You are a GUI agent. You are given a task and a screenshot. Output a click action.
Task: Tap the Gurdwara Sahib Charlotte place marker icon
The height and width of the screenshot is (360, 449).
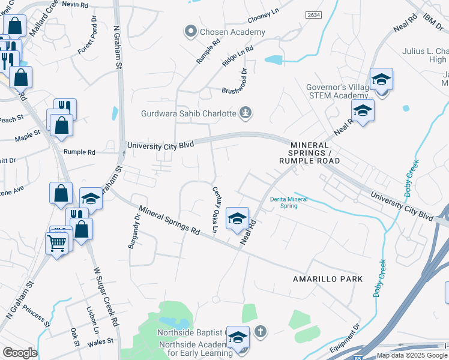coord(245,112)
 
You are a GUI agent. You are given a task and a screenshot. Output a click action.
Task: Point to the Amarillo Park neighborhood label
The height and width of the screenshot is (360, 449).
coord(328,279)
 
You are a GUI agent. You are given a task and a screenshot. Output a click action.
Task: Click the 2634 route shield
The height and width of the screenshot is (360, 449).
coord(313,15)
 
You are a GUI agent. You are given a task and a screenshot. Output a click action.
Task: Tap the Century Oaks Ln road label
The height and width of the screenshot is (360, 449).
coord(215,209)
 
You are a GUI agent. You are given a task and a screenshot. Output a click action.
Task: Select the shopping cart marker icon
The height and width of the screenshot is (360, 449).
coord(56,243)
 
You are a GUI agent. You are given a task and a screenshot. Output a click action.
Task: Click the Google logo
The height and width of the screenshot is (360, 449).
coord(20,353)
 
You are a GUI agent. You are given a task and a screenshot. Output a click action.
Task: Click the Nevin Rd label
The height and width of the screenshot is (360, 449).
coord(74,4)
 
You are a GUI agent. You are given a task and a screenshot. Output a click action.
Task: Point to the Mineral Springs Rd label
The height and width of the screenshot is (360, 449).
coord(169,220)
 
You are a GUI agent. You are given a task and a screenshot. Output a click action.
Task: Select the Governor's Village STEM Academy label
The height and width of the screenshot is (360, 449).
coord(340,91)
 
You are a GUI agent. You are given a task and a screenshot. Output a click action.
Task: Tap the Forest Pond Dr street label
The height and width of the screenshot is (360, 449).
coord(87,41)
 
